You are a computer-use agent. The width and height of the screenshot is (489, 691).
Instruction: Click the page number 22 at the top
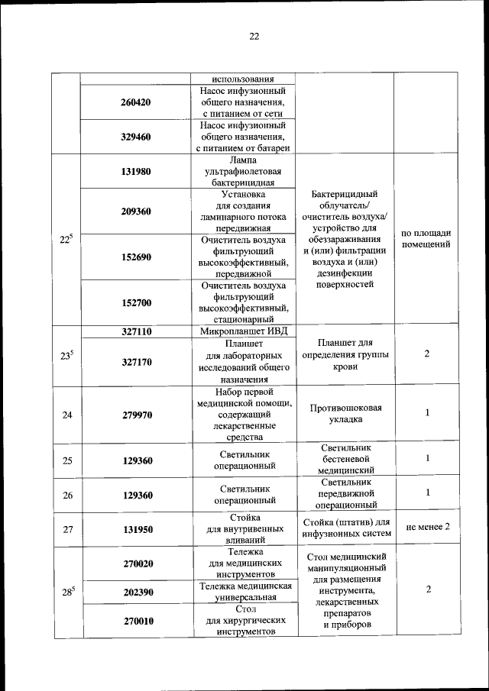tap(254, 35)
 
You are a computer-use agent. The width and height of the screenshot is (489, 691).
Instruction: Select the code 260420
tap(136, 102)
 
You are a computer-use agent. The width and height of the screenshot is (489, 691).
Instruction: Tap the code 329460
tap(136, 137)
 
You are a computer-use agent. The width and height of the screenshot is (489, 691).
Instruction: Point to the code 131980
tap(136, 172)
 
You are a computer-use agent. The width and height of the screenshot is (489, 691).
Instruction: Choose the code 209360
tap(136, 211)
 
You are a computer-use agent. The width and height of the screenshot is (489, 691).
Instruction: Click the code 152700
tap(136, 302)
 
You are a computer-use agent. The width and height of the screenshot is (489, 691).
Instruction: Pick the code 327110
tap(136, 332)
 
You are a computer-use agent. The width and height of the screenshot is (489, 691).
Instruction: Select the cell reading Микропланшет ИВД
tap(243, 332)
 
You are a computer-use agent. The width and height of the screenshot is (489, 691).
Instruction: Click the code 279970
tap(136, 415)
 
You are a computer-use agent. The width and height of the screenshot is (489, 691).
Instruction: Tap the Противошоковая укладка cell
tap(345, 414)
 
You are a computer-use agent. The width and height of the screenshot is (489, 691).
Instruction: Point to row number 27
tap(67, 528)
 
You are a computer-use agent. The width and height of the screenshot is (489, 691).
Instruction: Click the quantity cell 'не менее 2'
tap(427, 528)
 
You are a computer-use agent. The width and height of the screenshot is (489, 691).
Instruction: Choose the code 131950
tap(136, 528)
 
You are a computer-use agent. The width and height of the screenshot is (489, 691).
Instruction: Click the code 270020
tap(136, 563)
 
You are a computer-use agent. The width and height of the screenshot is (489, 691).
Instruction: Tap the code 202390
tap(136, 592)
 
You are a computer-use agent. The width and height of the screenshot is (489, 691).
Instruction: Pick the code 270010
tap(136, 621)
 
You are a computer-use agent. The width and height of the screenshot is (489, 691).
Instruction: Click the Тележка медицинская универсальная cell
tap(243, 592)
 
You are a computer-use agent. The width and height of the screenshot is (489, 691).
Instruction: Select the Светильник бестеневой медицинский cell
tap(345, 458)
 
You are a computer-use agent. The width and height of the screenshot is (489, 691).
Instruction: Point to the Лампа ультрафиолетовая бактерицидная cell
tap(243, 172)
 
